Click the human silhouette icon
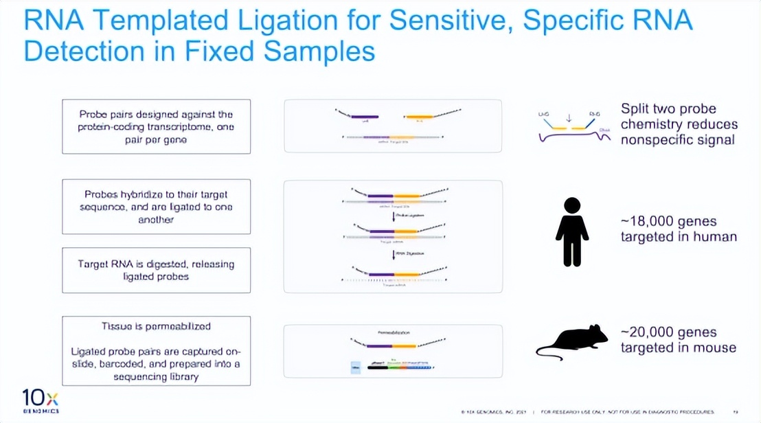[x=572, y=231]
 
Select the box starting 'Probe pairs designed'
[x=156, y=126]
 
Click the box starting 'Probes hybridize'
[x=156, y=207]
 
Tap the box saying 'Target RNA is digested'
[x=156, y=270]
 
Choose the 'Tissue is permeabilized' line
[x=156, y=326]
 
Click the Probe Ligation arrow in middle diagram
[x=394, y=216]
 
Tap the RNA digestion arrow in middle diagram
[x=394, y=254]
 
